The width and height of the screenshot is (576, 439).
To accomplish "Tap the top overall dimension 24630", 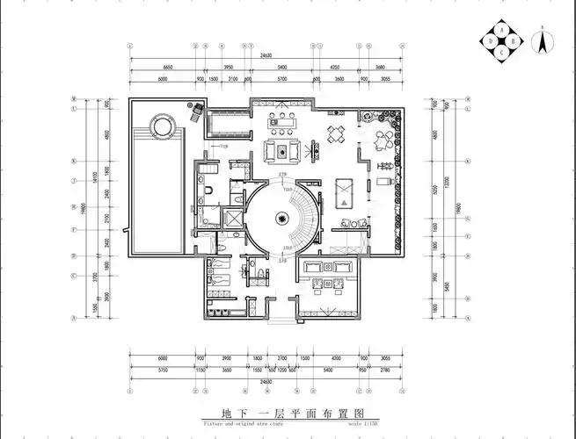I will [266, 55].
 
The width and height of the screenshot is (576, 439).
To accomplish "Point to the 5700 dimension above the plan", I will [282, 79].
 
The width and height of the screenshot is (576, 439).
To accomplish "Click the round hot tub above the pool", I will [162, 128].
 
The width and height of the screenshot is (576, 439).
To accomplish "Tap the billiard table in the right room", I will [344, 187].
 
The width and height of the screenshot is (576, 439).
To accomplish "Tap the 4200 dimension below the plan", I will [336, 358].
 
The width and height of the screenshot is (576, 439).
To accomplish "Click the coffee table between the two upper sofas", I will [282, 151].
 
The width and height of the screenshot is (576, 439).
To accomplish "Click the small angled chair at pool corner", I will [197, 111].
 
